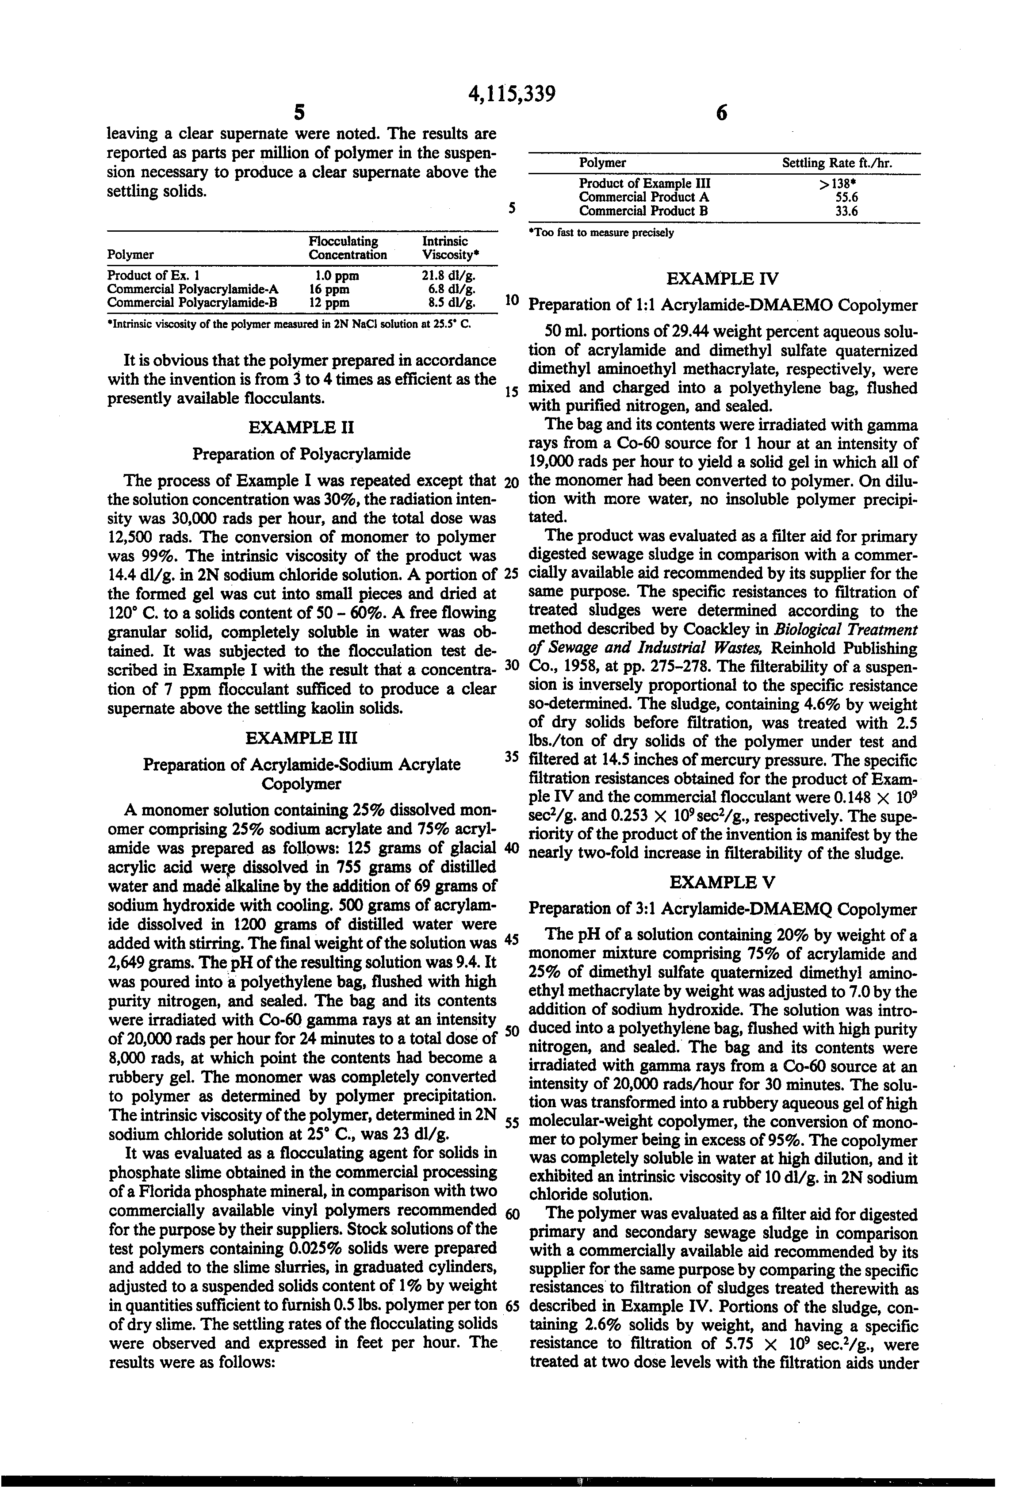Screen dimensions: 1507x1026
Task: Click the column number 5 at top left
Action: point(299,113)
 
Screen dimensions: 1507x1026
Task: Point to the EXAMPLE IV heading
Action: point(723,279)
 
